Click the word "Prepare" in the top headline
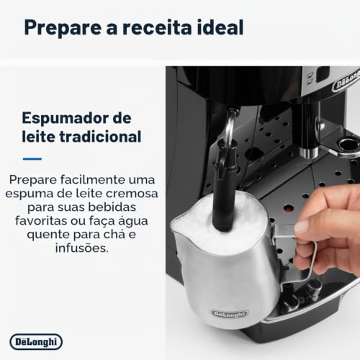[x=63, y=28]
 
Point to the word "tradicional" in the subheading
[x=100, y=136]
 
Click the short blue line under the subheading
[x=32, y=158]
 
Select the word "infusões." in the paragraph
[x=82, y=248]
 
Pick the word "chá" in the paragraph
[x=114, y=234]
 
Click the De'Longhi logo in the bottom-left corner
[x=36, y=342]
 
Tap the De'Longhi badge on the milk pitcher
[x=230, y=314]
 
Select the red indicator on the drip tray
[x=289, y=208]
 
